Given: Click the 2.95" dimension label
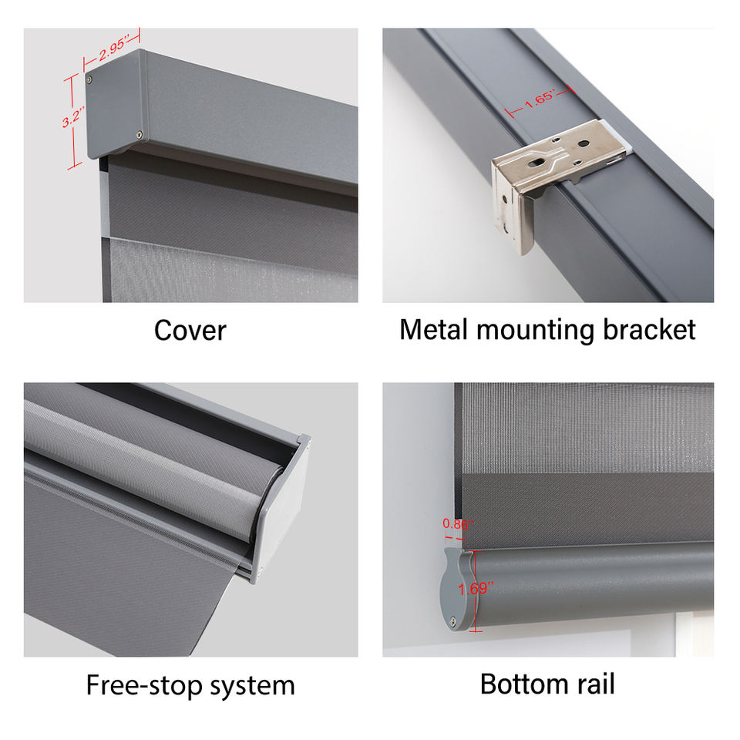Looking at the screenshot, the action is click(x=112, y=48).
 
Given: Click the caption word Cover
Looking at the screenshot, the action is click(x=190, y=331).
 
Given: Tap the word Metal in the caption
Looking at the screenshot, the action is click(x=434, y=330).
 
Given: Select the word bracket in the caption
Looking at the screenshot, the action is click(x=650, y=330).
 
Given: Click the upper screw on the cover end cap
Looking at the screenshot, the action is click(x=90, y=79).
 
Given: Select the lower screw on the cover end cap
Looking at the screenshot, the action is click(x=140, y=135).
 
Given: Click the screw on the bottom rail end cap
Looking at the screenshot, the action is click(x=455, y=621).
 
